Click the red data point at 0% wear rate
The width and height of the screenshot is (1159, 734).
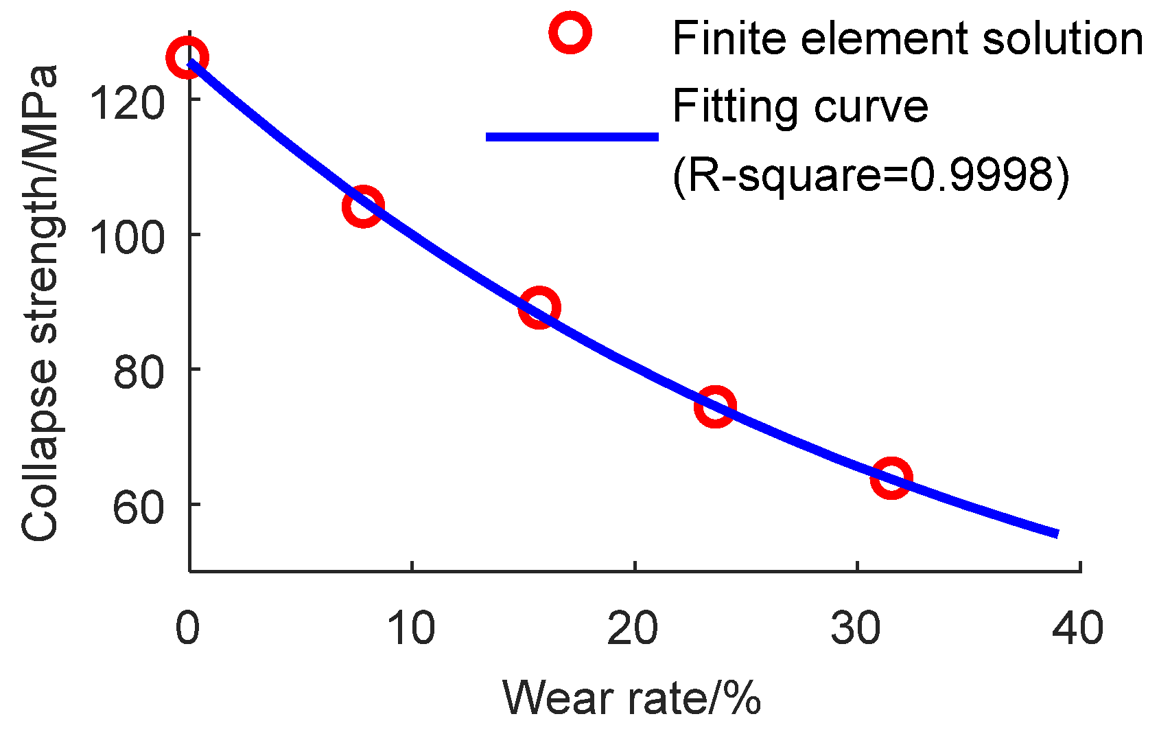tap(187, 58)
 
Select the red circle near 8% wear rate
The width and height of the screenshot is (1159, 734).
tap(362, 205)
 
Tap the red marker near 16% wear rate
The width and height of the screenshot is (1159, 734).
tap(539, 308)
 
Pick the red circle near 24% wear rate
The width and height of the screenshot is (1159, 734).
tap(715, 406)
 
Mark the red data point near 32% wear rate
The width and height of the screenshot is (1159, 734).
tap(891, 478)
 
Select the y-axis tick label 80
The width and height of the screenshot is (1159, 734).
tap(139, 372)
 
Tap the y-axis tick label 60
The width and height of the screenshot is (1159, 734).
tap(139, 507)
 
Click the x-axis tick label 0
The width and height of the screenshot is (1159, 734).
tap(187, 628)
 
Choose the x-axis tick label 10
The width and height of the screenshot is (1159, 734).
tap(411, 628)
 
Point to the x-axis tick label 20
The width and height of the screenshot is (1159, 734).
tap(633, 628)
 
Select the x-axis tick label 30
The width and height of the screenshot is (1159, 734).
tap(856, 628)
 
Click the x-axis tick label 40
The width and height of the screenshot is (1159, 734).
tap(1078, 628)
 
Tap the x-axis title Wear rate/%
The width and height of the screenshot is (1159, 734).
tap(632, 698)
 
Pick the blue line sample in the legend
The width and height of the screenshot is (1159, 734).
tap(572, 137)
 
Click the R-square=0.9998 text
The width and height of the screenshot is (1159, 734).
tap(870, 176)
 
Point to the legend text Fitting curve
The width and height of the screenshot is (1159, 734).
tap(800, 106)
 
